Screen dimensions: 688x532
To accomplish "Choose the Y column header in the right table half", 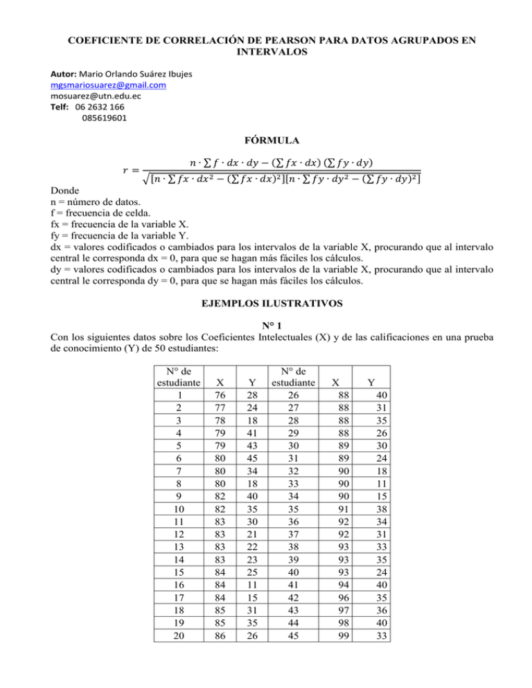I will point(372,381).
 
